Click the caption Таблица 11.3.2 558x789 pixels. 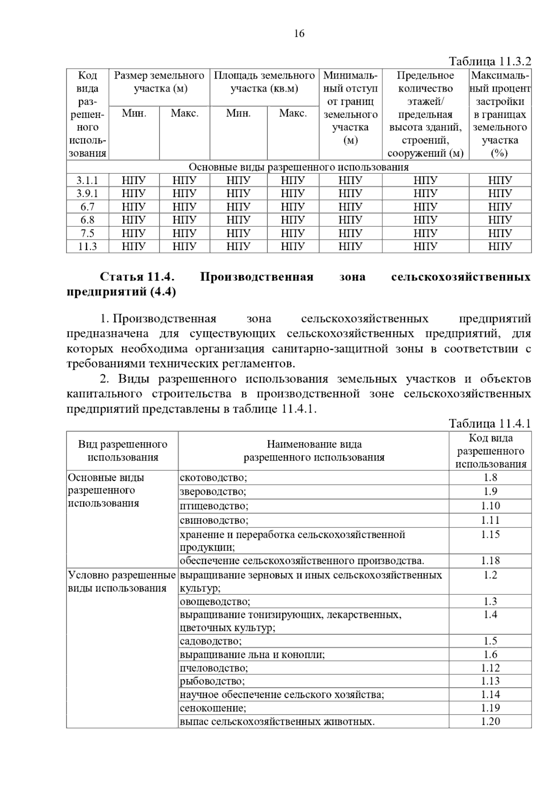click(490, 62)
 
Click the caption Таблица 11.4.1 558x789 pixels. click(490, 424)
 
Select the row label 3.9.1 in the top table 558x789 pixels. click(87, 194)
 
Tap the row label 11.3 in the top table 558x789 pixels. click(87, 246)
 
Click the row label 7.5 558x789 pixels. click(87, 233)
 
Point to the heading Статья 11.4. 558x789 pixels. click(137, 277)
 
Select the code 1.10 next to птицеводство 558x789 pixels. click(490, 506)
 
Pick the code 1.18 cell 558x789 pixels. click(490, 561)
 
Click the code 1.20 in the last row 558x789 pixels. click(490, 722)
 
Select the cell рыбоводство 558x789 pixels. click(212, 681)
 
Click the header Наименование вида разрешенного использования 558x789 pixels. click(314, 451)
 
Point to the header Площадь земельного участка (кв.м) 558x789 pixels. click(264, 82)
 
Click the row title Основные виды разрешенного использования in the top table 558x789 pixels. click(299, 167)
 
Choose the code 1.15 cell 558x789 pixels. click(490, 535)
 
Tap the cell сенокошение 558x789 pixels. click(213, 708)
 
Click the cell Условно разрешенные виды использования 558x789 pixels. click(122, 582)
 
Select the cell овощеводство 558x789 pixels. click(215, 602)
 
